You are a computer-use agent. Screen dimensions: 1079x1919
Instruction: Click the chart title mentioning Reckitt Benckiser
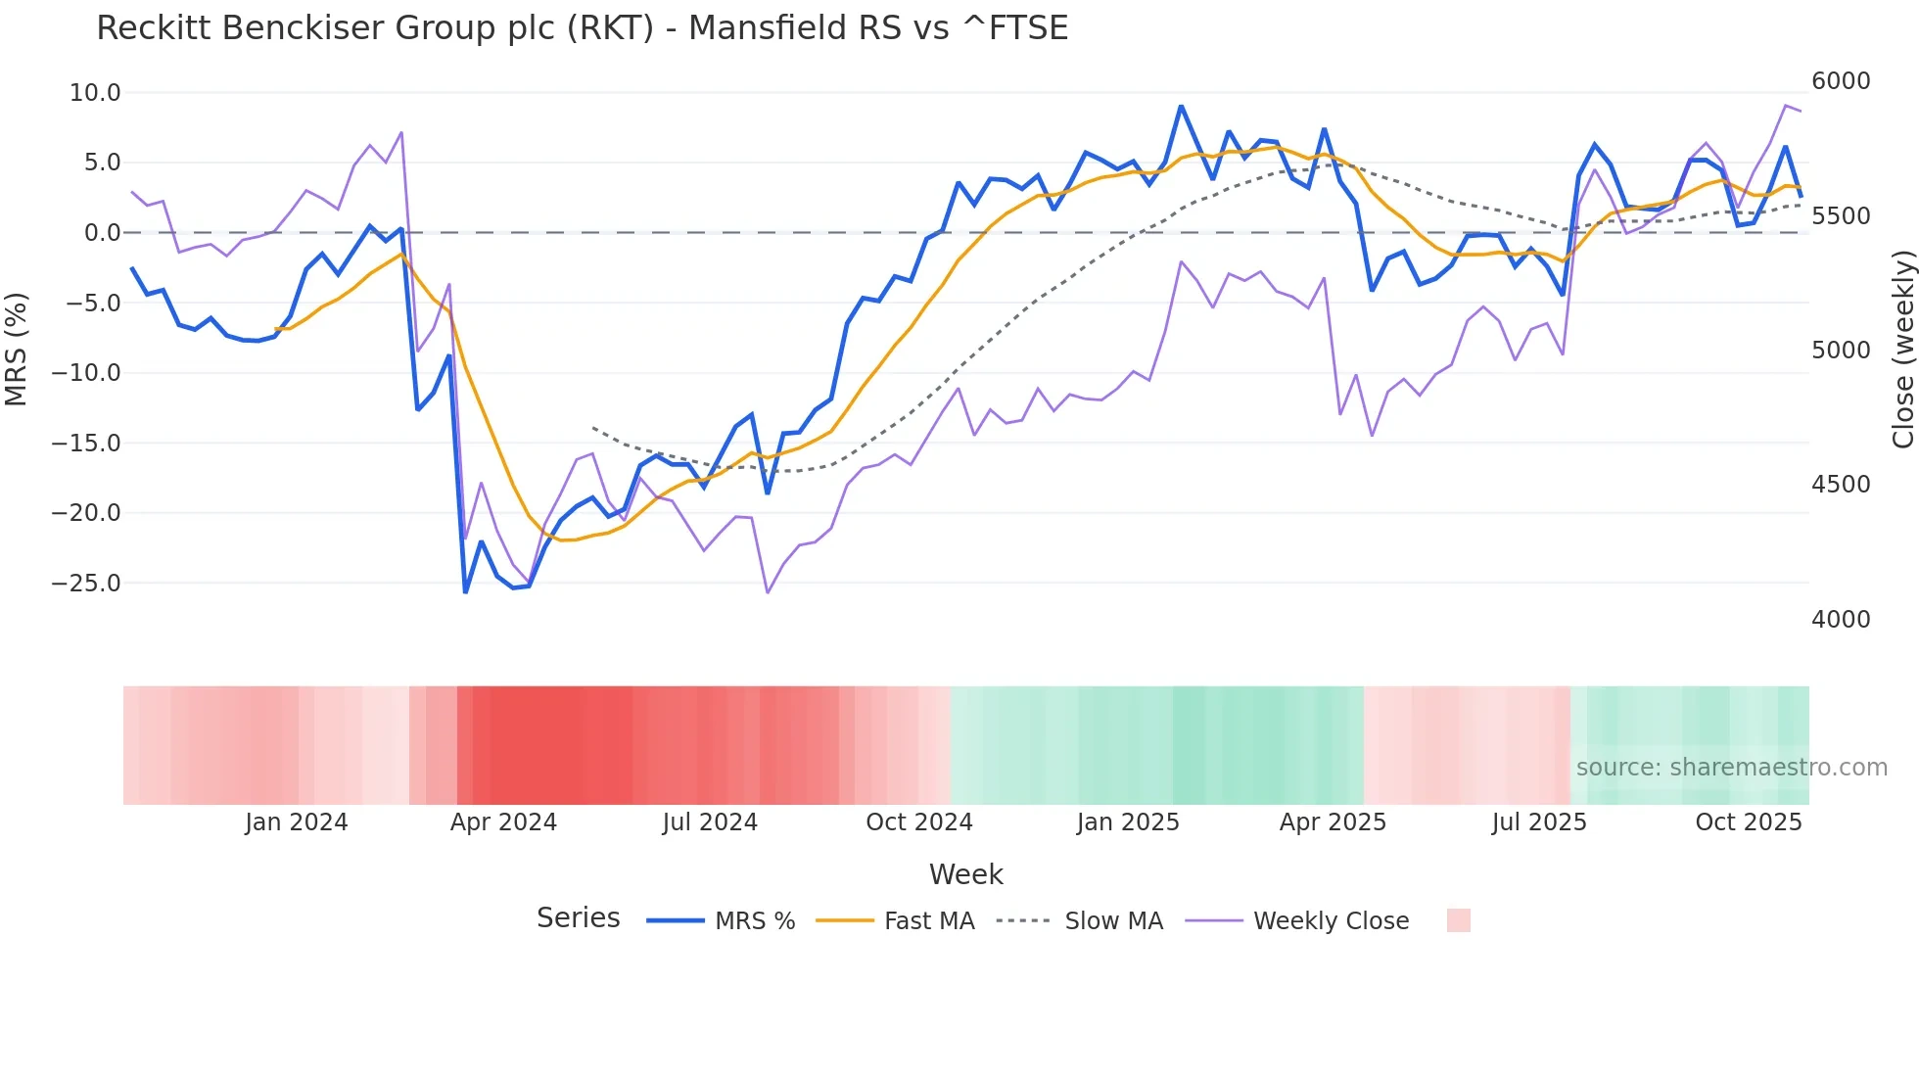click(x=582, y=28)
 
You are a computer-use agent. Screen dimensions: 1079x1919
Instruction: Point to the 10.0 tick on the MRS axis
click(x=95, y=93)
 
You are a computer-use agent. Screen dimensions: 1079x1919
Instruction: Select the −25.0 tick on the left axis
click(x=86, y=584)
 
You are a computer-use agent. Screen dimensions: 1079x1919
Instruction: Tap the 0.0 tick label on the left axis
click(x=102, y=233)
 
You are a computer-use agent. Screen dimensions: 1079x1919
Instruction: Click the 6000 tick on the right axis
click(x=1841, y=81)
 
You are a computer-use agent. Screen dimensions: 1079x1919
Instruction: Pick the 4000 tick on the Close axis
click(x=1841, y=620)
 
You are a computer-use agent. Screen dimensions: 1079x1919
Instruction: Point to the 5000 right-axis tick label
click(x=1841, y=351)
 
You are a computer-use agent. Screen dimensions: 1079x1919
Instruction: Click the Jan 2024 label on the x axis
click(x=296, y=822)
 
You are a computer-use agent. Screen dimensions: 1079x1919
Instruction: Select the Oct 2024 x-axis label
click(x=918, y=822)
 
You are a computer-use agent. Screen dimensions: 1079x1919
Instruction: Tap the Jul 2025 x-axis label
click(x=1538, y=822)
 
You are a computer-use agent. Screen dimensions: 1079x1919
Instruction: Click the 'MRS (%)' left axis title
click(x=17, y=349)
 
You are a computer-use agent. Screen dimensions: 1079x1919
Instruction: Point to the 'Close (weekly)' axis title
click(x=1902, y=350)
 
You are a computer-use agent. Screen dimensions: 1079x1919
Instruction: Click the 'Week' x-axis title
click(x=965, y=874)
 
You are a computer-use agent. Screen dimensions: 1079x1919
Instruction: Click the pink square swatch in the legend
click(x=1458, y=920)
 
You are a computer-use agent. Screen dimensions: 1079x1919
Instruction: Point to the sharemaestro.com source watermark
click(x=1731, y=768)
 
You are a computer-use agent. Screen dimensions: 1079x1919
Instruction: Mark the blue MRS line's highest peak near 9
click(x=1181, y=106)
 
